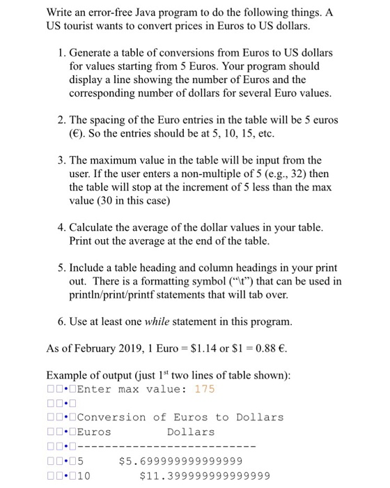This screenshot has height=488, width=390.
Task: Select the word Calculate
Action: click(93, 227)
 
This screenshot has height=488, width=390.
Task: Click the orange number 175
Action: click(205, 389)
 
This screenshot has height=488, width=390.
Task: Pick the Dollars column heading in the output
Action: click(191, 432)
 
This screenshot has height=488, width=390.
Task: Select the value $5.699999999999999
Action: click(181, 461)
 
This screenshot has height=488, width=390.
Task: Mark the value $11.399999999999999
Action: click(205, 476)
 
